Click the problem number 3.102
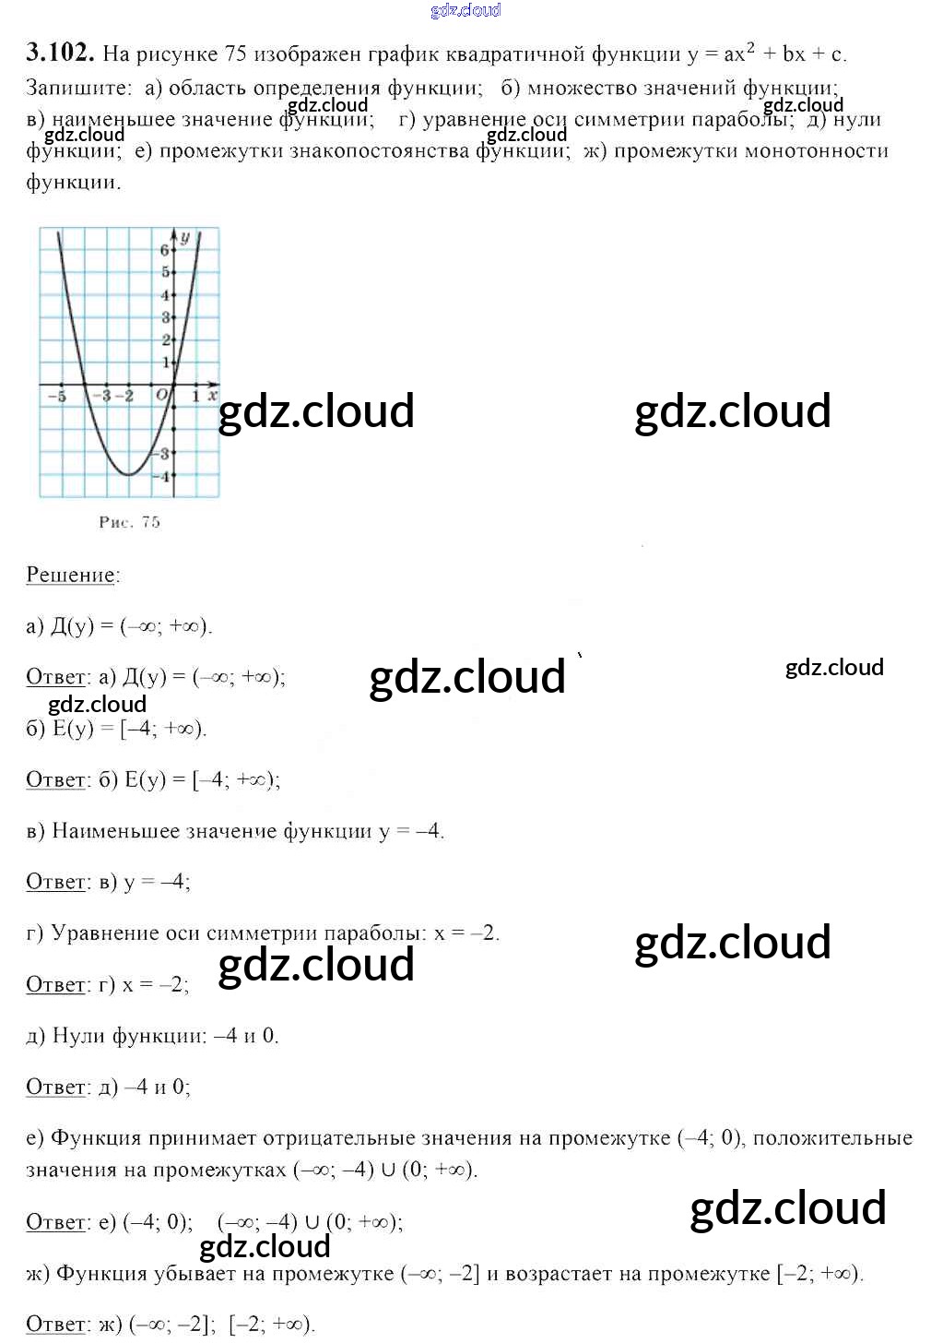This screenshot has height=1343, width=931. tap(60, 53)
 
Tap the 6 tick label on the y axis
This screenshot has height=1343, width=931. tap(165, 250)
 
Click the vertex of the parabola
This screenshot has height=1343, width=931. tap(129, 474)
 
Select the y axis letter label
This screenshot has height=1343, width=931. tap(185, 238)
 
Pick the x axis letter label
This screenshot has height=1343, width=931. tap(213, 395)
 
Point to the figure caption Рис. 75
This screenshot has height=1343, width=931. tap(129, 522)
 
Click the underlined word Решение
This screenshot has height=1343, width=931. tap(71, 575)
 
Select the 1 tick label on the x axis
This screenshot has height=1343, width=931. tap(195, 396)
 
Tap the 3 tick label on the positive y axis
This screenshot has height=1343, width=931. tap(166, 317)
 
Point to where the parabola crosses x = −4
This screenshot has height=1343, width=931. tap(85, 385)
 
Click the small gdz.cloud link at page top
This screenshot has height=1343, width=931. tap(465, 10)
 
